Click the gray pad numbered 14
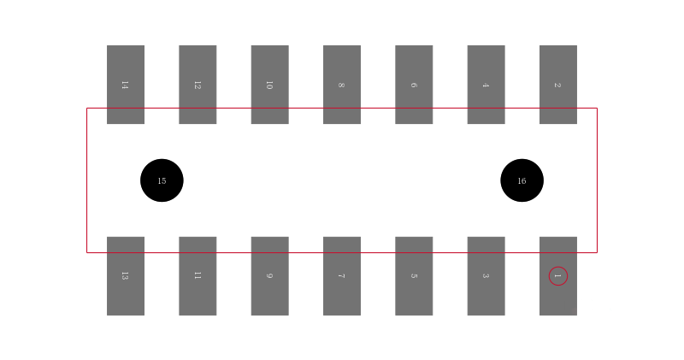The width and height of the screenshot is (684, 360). point(126,85)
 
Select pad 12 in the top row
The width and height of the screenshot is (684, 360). point(198,85)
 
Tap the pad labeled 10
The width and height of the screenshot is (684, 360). point(269,85)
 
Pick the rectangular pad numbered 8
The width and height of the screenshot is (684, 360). point(342,85)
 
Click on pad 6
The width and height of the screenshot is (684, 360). point(414,85)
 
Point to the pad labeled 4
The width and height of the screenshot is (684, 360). point(486,85)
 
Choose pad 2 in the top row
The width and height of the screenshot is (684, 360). point(558,85)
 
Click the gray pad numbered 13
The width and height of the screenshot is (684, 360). point(126,276)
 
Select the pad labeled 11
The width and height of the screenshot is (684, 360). point(198,276)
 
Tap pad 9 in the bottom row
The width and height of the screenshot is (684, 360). point(269,276)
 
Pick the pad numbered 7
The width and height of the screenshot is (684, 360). point(342,276)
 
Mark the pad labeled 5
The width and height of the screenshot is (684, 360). point(414,276)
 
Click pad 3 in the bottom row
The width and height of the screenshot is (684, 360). point(486,276)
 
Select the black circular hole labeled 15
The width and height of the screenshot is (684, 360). point(162,180)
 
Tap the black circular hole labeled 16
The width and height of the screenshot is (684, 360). point(522,180)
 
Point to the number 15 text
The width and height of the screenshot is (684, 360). point(162,180)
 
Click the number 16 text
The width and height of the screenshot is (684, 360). point(522,180)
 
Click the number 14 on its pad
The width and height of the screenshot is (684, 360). point(125,86)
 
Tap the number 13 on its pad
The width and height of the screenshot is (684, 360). point(125,276)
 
